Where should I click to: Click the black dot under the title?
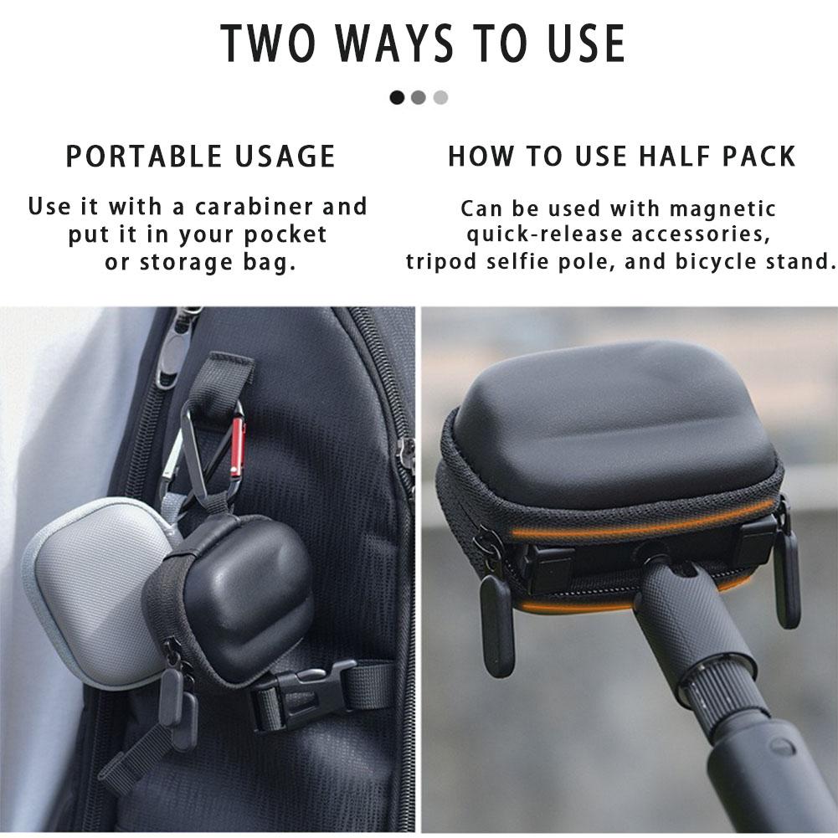(397, 98)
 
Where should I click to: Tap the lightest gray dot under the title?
(441, 98)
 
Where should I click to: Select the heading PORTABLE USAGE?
(201, 157)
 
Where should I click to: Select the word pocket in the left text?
(289, 234)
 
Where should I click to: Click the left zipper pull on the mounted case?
(496, 624)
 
